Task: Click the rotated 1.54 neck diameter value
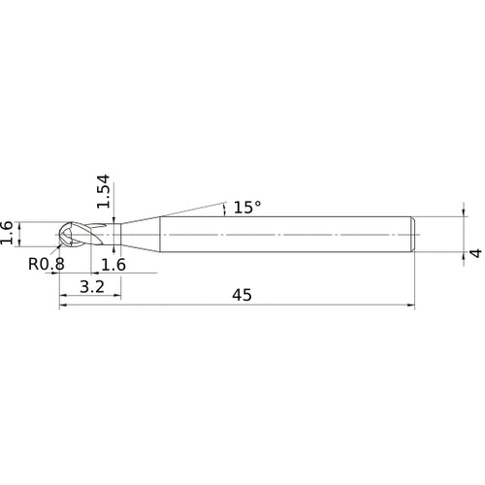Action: point(105,194)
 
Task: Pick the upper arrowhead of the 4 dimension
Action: point(460,216)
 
